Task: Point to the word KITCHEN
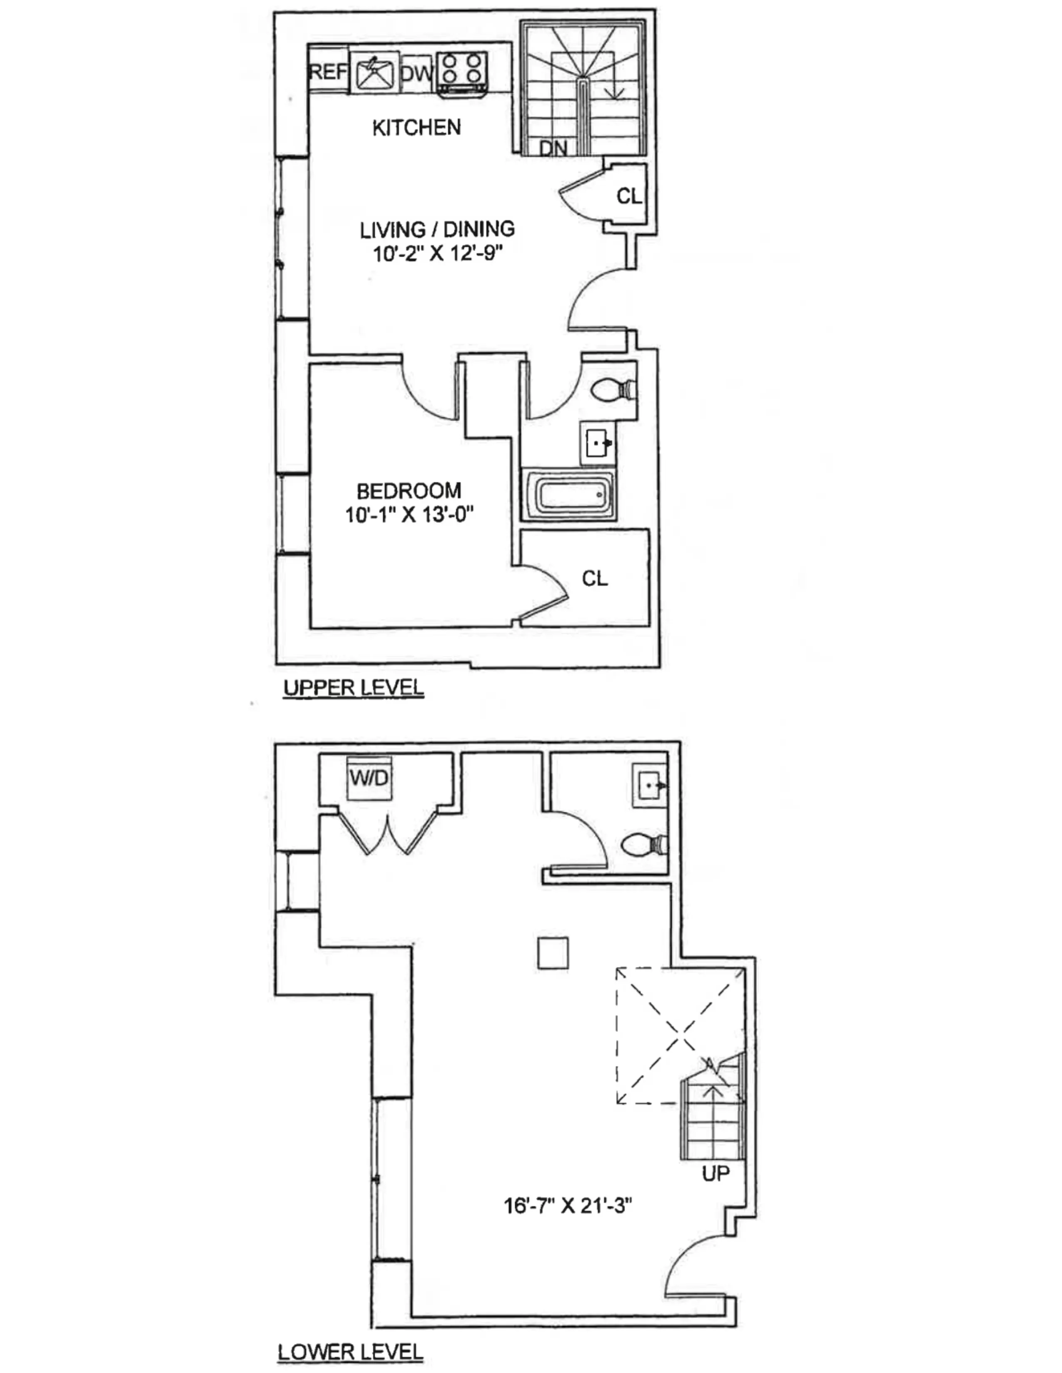pos(416,128)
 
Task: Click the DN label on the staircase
pos(553,149)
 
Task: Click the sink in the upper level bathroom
pos(597,444)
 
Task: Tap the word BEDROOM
pos(409,491)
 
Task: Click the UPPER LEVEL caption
pos(354,688)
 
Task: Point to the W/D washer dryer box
pos(370,778)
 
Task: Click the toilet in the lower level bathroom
pos(643,844)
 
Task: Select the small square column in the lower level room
pos(553,952)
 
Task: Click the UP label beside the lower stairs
pos(715,1173)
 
